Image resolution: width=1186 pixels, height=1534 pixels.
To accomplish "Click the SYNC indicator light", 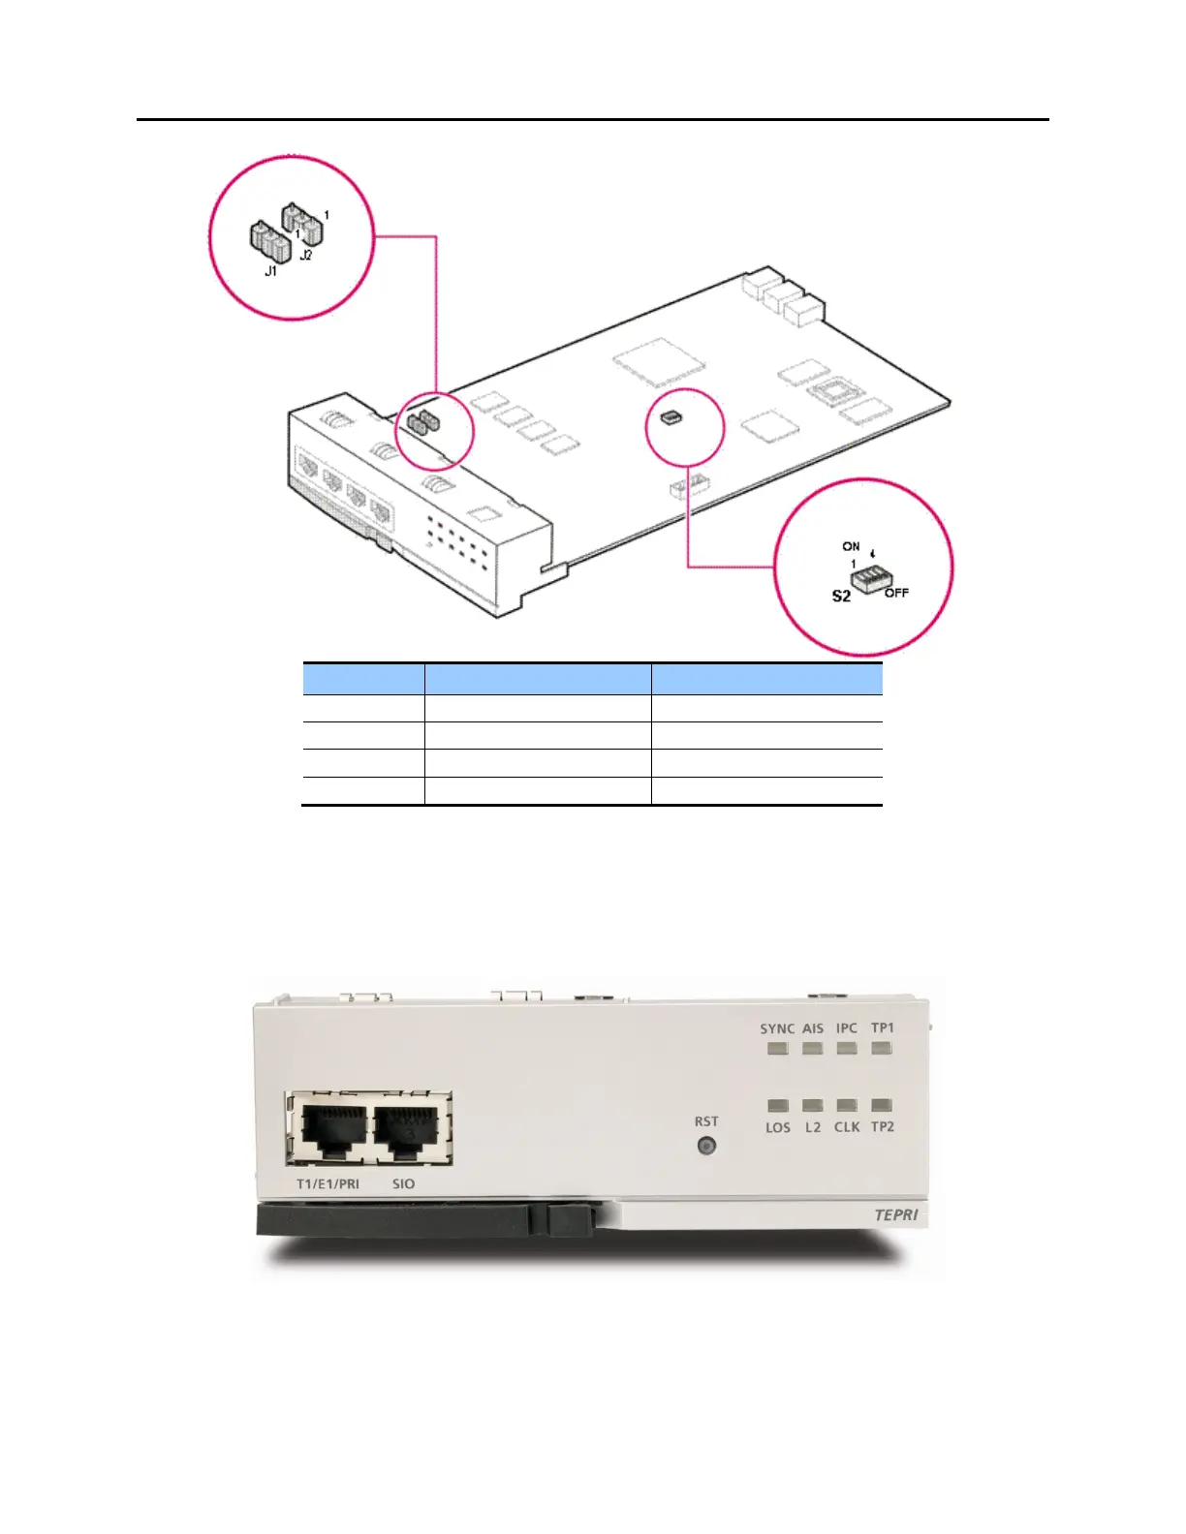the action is click(777, 1048).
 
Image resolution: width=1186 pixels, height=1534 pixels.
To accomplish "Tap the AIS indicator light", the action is click(813, 1048).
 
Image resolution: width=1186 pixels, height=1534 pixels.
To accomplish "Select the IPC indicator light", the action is click(847, 1048).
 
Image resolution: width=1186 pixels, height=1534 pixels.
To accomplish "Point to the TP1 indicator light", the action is click(882, 1048).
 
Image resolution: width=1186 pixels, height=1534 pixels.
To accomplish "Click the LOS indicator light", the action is click(777, 1105).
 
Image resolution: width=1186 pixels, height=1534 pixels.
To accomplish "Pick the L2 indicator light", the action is click(813, 1105).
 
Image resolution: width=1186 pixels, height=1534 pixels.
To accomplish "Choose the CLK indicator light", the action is click(847, 1105).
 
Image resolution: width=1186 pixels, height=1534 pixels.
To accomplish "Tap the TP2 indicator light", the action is click(882, 1105).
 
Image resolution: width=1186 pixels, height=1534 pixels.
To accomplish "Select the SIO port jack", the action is click(407, 1130).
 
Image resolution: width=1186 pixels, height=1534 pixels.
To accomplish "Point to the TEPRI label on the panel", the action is click(895, 1215).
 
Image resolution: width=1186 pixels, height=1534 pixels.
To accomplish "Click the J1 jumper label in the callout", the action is click(271, 272).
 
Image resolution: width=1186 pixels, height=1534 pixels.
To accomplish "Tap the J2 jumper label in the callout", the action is click(306, 256).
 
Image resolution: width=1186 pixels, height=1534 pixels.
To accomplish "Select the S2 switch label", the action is click(841, 597).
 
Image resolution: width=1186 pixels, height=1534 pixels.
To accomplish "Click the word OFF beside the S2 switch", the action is click(896, 593).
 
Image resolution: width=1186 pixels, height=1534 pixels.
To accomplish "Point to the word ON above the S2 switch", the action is click(851, 547).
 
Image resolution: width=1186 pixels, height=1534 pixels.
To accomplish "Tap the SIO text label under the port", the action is click(403, 1184).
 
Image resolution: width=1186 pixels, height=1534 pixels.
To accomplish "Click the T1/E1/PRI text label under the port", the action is click(328, 1184).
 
